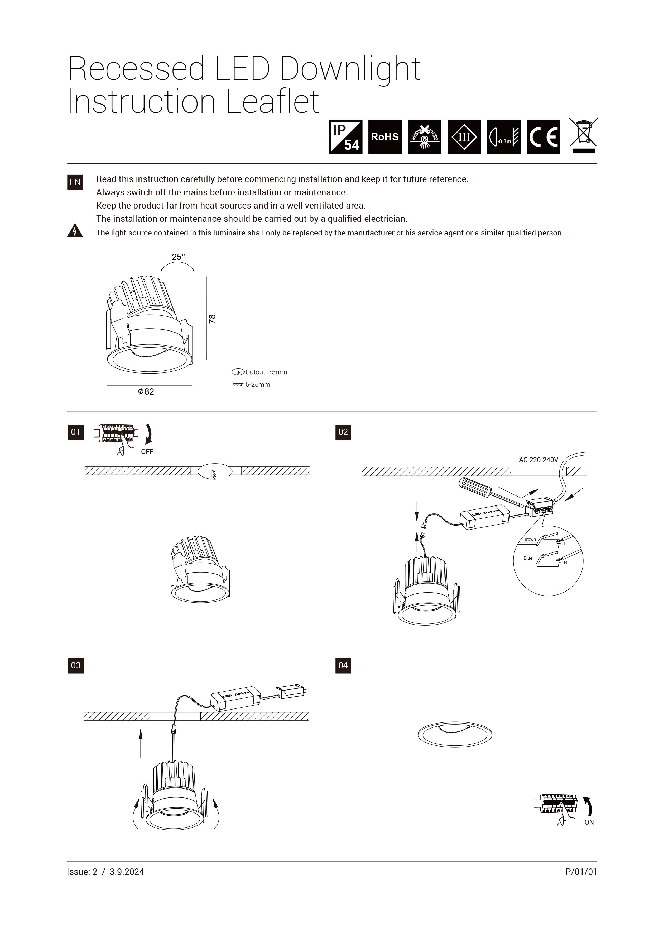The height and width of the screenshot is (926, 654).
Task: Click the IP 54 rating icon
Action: pos(345,137)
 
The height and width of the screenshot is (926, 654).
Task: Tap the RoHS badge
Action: pos(385,137)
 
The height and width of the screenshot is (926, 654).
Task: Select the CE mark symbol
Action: pos(543,137)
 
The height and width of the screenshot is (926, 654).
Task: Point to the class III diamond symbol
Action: pos(464,137)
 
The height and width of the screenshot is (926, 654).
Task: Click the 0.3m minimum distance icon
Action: pos(504,137)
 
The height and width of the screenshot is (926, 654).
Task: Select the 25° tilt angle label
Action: pos(178,257)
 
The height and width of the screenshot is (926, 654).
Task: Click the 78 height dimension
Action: pos(212,319)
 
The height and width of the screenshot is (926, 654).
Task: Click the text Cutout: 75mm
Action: pos(266,372)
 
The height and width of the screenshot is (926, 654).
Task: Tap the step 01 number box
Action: pos(76,432)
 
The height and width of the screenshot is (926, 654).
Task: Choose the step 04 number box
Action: pos(343,665)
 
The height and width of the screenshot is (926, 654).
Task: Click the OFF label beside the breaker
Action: pos(147,452)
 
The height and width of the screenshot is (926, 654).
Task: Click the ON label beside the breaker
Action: pos(589,822)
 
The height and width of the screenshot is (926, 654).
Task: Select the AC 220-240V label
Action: pos(538,460)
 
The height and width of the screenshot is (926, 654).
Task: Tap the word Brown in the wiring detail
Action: pos(530,539)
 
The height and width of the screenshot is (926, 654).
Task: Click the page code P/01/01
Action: pos(581,872)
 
